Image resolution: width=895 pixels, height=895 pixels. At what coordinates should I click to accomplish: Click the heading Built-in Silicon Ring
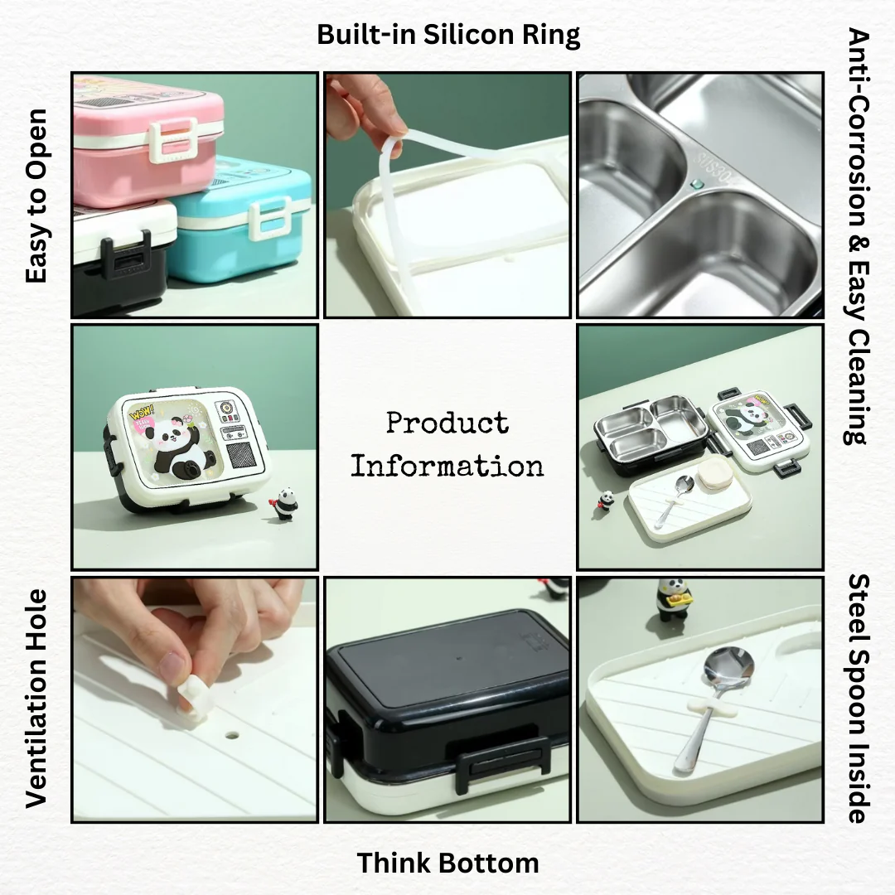(448, 35)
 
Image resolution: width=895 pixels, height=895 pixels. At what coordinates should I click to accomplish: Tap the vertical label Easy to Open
(36, 196)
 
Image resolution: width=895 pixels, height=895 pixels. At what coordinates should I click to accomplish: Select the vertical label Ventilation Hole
(36, 699)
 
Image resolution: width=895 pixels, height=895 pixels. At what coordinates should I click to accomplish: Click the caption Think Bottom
(447, 863)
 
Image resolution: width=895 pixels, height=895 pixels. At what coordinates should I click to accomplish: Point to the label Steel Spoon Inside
(858, 698)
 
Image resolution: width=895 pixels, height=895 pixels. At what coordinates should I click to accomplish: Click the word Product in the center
(447, 423)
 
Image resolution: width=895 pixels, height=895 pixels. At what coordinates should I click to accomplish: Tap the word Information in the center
(447, 467)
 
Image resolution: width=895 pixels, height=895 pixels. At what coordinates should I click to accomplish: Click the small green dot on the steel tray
(696, 184)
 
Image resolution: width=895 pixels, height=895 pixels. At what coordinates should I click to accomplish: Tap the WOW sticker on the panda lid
(140, 411)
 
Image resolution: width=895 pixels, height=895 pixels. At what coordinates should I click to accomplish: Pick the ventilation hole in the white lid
(232, 734)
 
